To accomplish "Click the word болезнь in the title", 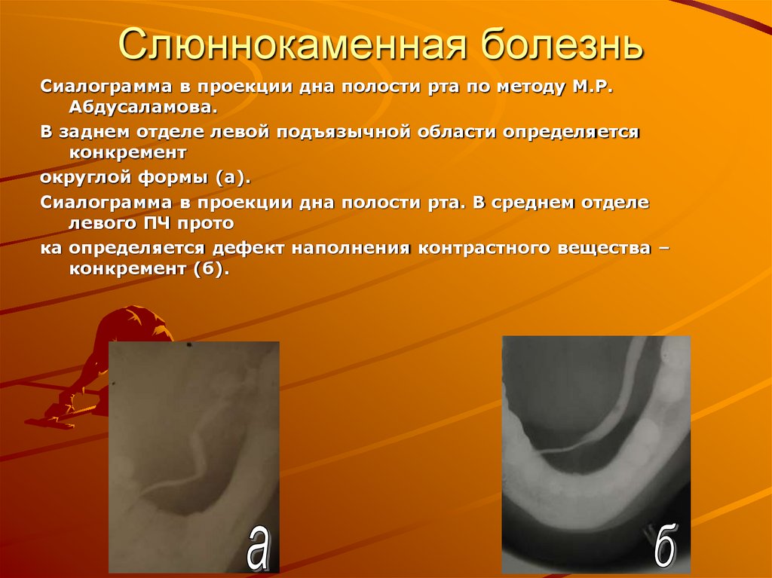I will (562, 47).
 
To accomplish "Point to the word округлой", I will (81, 179).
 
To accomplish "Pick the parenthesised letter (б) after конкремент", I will (211, 269).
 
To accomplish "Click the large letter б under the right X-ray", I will (664, 548).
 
